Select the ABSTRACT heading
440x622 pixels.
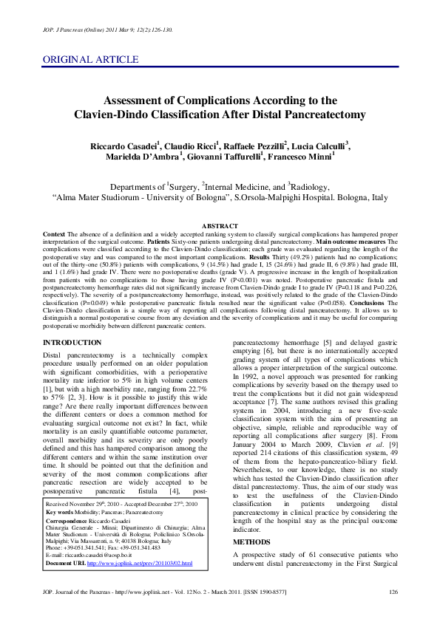[220, 225]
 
